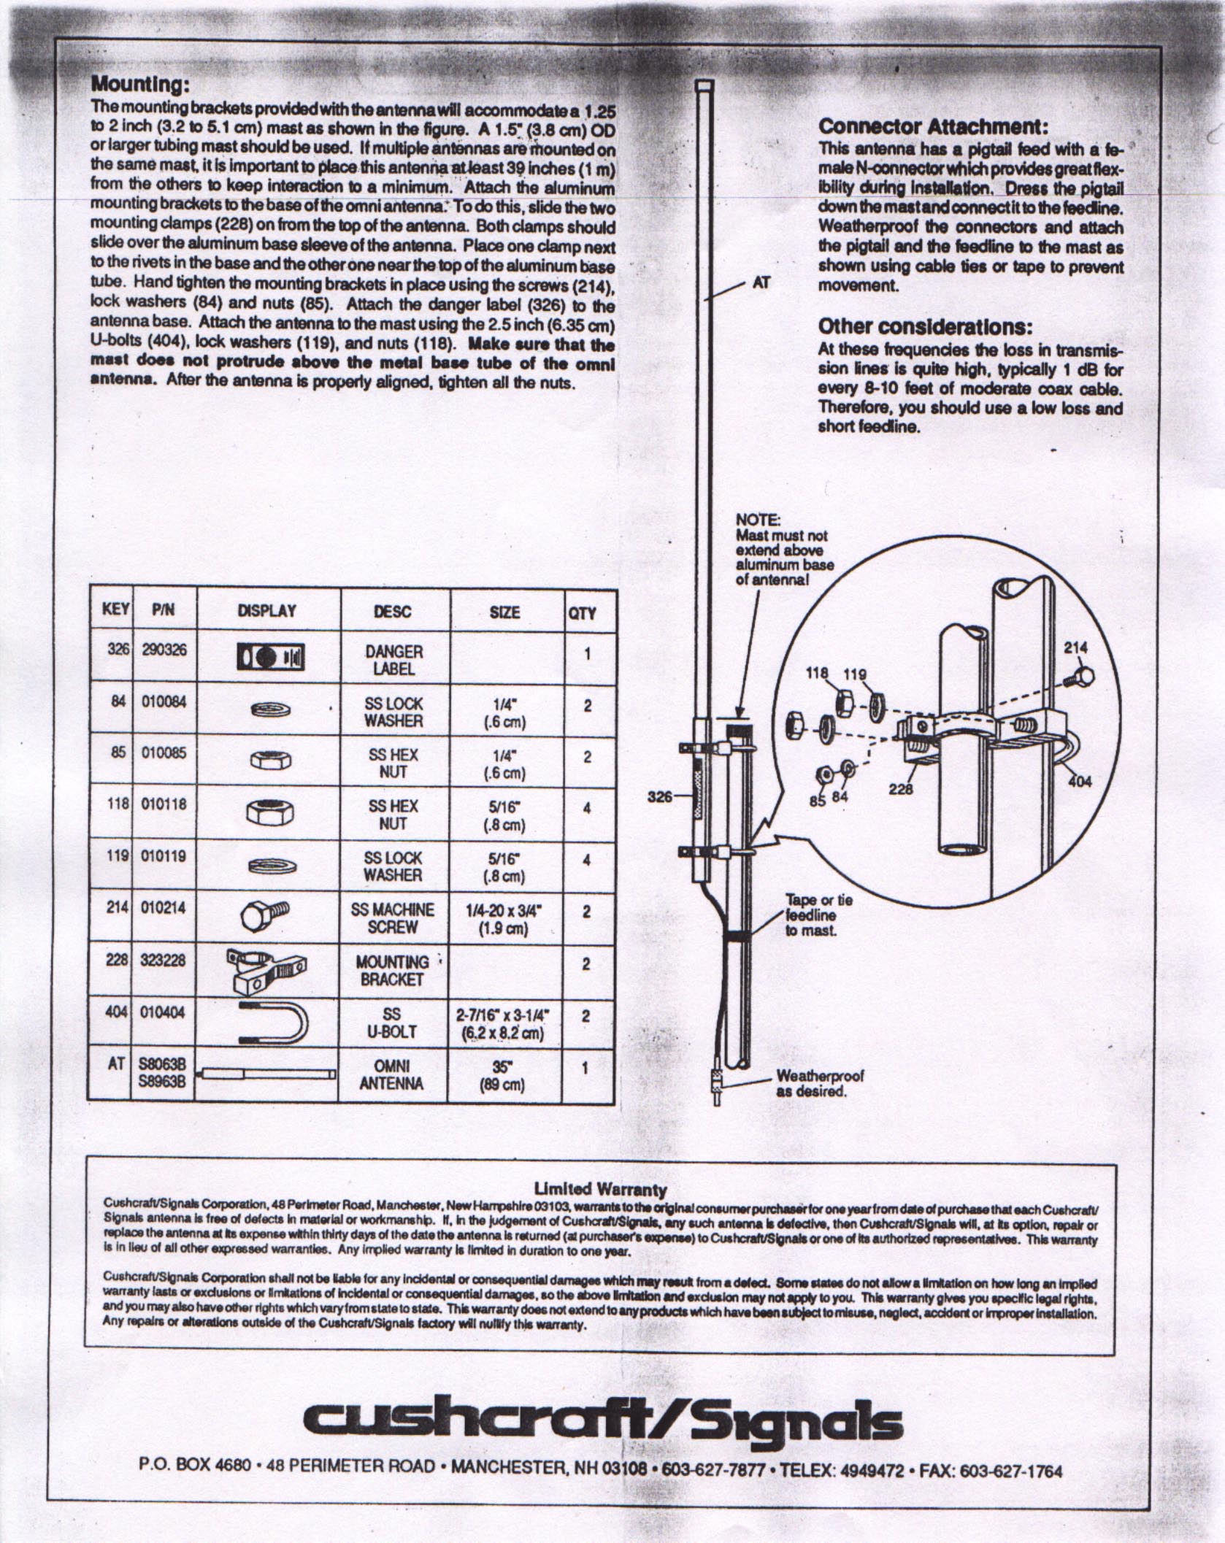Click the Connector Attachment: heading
point(934,126)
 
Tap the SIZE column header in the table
point(504,612)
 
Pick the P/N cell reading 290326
point(164,650)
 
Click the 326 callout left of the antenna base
point(660,797)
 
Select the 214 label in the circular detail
point(1075,647)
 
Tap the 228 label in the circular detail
point(901,788)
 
